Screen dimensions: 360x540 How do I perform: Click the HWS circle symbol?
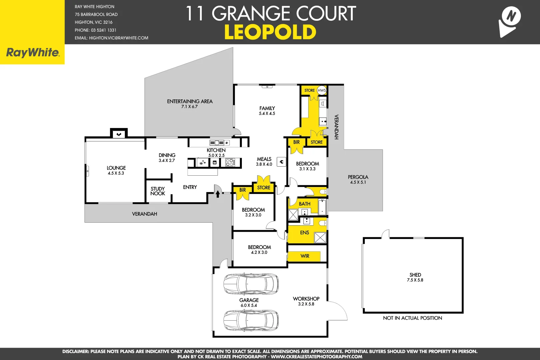pos(321,90)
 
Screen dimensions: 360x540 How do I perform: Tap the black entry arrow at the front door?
pos(218,194)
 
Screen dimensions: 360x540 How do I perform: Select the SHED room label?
pos(415,275)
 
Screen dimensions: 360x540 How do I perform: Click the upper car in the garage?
pos(251,284)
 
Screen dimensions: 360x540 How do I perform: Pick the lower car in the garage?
pos(251,320)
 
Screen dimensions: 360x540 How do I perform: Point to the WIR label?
pos(305,256)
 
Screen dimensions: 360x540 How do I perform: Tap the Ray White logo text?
pos(33,53)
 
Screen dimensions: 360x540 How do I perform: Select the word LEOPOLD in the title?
pos(270,32)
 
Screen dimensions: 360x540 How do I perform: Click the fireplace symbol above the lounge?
pos(119,134)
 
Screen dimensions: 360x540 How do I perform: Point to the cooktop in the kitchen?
pos(230,163)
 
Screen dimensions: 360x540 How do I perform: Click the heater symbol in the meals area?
pos(281,162)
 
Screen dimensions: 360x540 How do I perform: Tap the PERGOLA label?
pos(358,177)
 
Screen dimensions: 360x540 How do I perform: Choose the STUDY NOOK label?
pos(158,191)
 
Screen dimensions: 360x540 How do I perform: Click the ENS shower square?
pos(320,238)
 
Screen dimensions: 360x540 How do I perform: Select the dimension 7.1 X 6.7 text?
pos(190,107)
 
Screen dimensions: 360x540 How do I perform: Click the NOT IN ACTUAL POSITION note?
pos(412,318)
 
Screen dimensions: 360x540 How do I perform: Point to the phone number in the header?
pos(96,30)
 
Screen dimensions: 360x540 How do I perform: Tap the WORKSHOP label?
pos(306,299)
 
